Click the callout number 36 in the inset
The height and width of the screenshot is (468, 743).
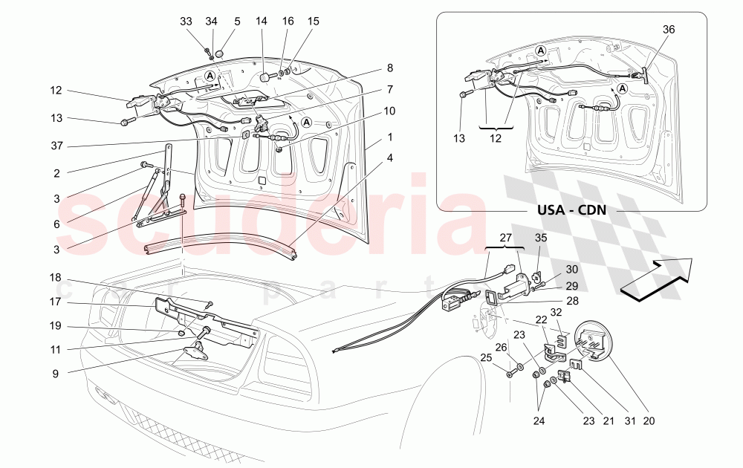click(x=669, y=30)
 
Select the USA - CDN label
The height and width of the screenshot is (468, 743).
click(x=571, y=209)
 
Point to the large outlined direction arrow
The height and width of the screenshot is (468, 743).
click(x=655, y=280)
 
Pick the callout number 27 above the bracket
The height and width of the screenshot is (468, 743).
click(x=505, y=239)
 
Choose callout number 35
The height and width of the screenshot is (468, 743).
click(x=542, y=239)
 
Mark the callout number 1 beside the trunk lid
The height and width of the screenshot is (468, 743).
click(x=389, y=139)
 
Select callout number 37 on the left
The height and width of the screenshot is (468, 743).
click(x=57, y=146)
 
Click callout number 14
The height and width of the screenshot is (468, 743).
click(x=261, y=22)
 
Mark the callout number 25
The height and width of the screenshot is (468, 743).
click(x=487, y=358)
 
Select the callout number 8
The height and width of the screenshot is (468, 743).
click(x=389, y=68)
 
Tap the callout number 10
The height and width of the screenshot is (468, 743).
click(x=389, y=111)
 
